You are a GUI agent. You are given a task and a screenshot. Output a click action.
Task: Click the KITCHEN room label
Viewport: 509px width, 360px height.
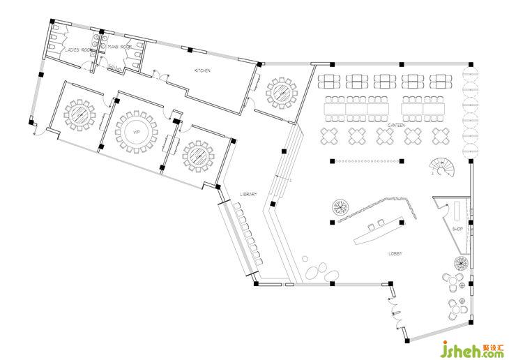click(202, 70)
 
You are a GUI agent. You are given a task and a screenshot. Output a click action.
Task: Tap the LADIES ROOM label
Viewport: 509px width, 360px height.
click(78, 50)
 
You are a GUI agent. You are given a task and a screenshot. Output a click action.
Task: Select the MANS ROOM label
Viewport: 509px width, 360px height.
click(120, 47)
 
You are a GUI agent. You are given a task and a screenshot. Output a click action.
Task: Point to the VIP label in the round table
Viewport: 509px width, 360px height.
click(137, 130)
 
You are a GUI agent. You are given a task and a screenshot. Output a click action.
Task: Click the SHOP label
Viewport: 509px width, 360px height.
click(457, 229)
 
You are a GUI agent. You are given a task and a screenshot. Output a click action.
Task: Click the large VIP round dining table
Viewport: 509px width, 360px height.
click(137, 130)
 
